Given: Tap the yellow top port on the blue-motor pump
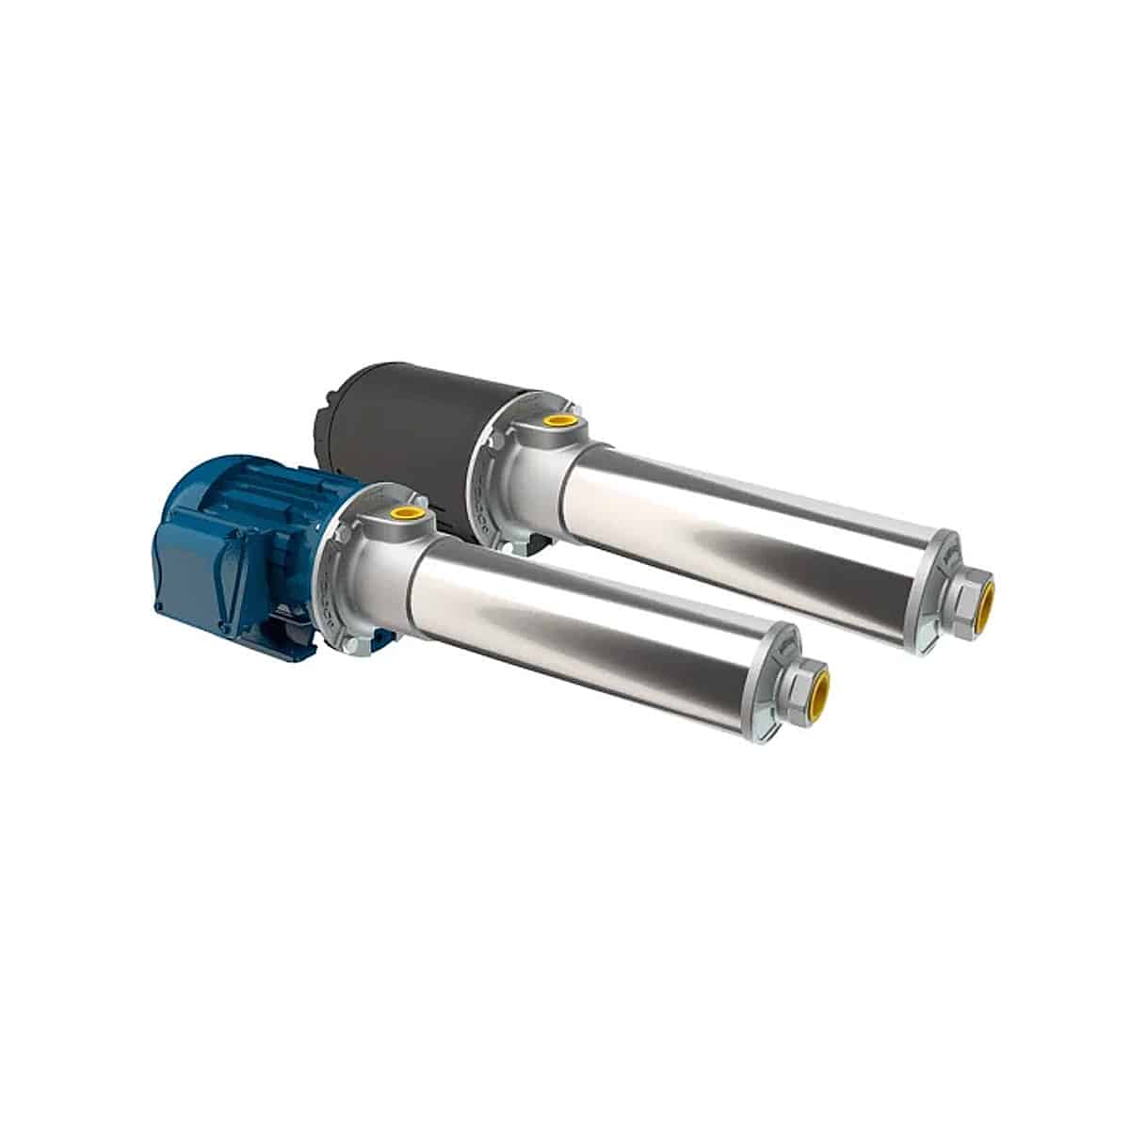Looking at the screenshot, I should coord(408,513).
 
